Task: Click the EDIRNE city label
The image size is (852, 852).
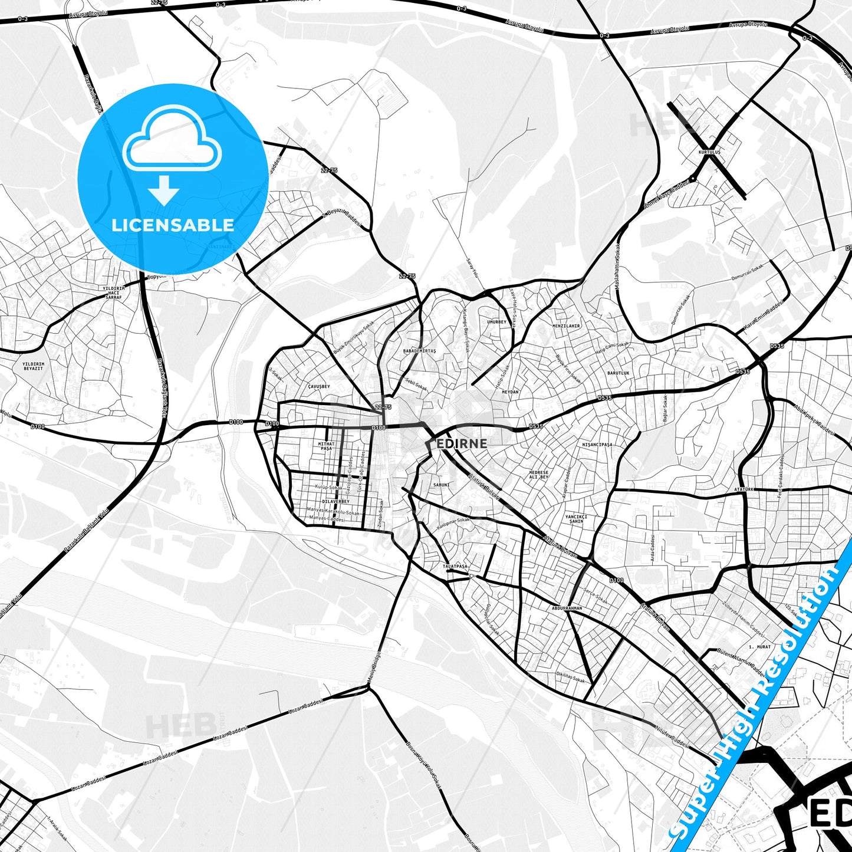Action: click(462, 443)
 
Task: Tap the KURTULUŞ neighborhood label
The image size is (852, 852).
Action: click(709, 152)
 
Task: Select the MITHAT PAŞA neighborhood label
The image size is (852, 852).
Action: click(326, 446)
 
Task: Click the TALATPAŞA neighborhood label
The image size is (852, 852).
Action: click(455, 566)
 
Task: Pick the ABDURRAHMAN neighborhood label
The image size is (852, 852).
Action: click(567, 608)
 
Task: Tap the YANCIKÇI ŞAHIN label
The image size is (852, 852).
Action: click(576, 519)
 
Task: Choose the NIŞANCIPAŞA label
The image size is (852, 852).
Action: click(597, 445)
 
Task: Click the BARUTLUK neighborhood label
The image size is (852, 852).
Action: click(619, 373)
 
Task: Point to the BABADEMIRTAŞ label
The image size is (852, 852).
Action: click(419, 351)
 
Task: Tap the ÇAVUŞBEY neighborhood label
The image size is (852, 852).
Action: click(319, 386)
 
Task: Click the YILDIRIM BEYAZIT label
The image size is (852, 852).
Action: click(33, 366)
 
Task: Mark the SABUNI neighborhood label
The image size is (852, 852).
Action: click(442, 485)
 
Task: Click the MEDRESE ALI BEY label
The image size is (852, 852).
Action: click(538, 475)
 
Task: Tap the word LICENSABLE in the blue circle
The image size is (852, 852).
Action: click(173, 225)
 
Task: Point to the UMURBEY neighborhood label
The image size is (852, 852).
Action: click(496, 322)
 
